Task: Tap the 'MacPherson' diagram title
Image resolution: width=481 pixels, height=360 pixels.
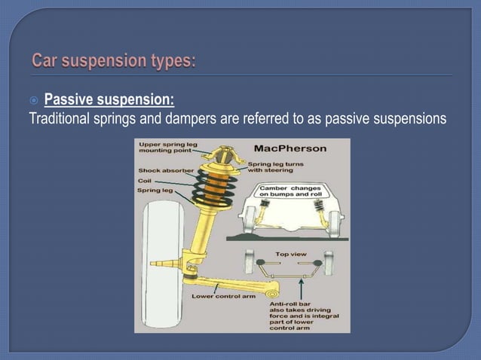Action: point(290,148)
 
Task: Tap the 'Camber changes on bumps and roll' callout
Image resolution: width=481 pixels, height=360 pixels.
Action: point(290,190)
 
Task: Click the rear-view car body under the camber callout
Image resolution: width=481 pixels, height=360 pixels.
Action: point(290,215)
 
